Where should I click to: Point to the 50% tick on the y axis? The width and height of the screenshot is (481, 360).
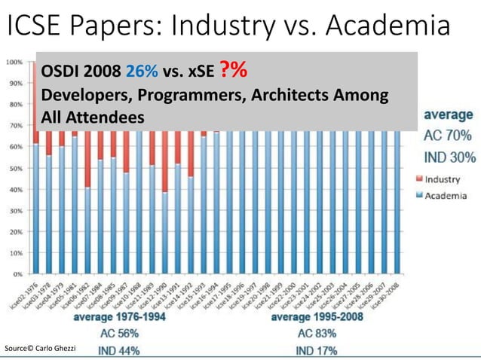pyautogui.click(x=14, y=169)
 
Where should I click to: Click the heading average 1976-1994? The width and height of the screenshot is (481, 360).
pyautogui.click(x=120, y=317)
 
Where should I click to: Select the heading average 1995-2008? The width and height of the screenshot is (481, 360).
pyautogui.click(x=317, y=317)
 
